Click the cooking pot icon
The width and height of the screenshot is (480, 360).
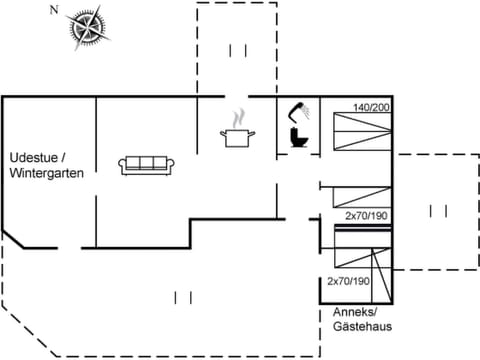(237, 137)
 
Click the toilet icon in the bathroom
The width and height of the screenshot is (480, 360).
(297, 137)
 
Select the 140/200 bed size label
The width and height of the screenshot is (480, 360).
(370, 106)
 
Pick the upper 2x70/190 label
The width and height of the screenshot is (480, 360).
(365, 216)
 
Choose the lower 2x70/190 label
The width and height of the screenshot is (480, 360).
(349, 281)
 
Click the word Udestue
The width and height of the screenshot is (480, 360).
(36, 158)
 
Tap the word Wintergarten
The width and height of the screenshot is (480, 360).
(46, 173)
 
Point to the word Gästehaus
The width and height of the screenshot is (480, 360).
(363, 326)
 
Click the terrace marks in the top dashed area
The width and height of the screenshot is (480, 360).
(237, 50)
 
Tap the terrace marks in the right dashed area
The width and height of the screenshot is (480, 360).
(437, 211)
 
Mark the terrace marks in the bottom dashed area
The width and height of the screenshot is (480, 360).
(182, 297)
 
